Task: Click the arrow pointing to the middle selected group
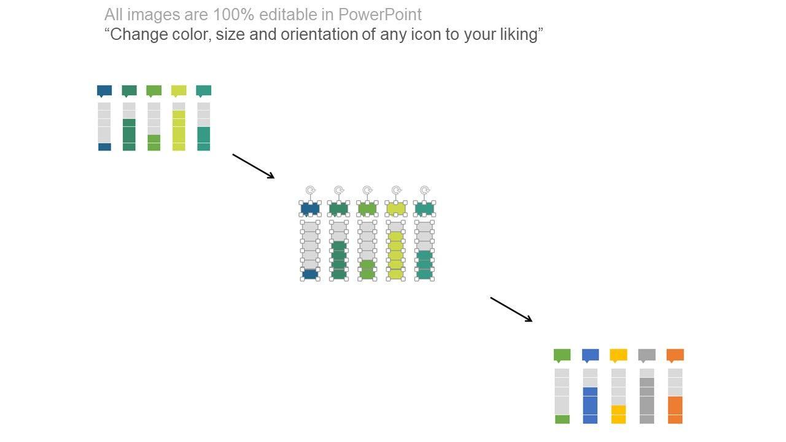253,166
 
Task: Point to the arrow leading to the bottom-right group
511,309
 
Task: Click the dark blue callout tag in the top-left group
104,91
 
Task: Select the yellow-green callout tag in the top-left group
179,91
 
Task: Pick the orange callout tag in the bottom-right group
675,355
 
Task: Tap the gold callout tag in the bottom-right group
618,355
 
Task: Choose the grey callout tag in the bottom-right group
647,355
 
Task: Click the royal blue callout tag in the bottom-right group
590,355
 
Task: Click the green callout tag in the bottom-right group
562,355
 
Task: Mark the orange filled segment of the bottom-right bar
675,409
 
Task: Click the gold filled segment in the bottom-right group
618,414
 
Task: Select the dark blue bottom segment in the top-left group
104,147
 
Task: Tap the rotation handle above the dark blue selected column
311,190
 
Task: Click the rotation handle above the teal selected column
425,190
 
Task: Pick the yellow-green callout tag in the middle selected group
396,209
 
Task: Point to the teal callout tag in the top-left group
203,91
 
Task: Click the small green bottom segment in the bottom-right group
562,419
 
